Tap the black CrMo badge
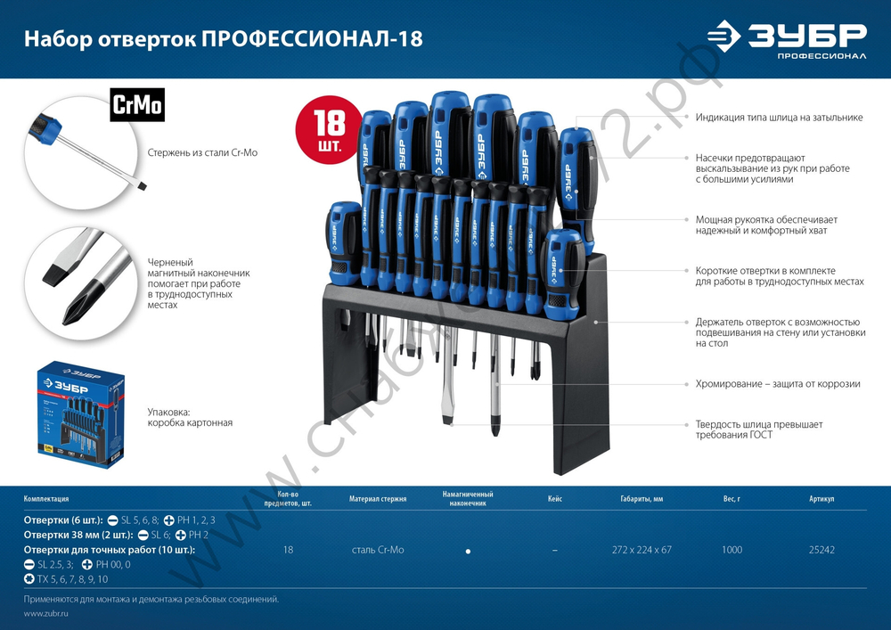(x=136, y=105)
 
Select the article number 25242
(x=822, y=550)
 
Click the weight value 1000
(x=732, y=550)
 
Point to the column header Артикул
(x=822, y=499)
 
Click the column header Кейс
(x=555, y=499)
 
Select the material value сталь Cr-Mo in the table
(x=377, y=550)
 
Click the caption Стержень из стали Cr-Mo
(x=202, y=153)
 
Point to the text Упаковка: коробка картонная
(x=190, y=418)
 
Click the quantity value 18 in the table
(x=288, y=550)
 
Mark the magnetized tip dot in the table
(x=468, y=552)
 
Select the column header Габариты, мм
(x=642, y=499)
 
